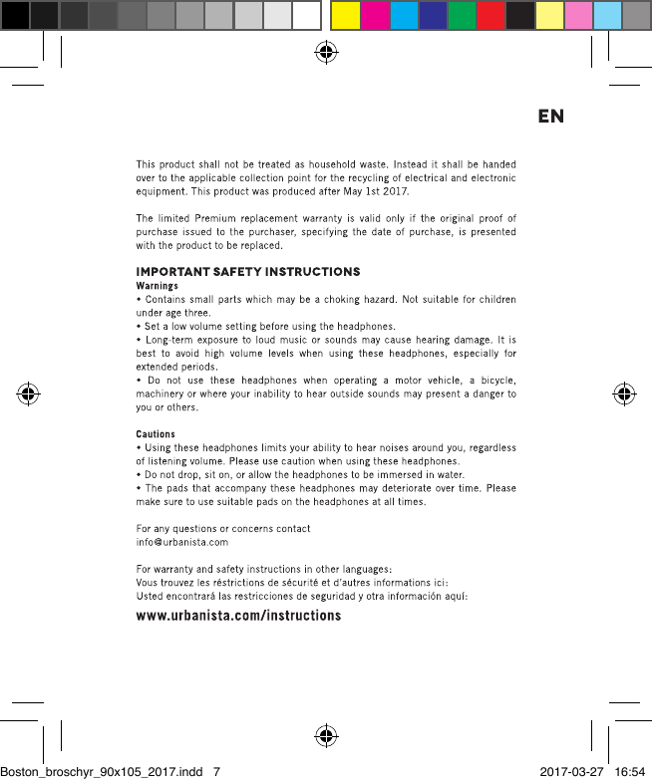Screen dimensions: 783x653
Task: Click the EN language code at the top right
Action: (x=550, y=117)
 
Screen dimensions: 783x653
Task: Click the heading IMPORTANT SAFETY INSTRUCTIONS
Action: (x=248, y=272)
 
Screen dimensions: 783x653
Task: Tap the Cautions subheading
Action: (x=156, y=434)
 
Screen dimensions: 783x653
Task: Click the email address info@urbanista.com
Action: (x=181, y=542)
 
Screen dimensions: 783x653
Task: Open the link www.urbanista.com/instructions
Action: (x=238, y=616)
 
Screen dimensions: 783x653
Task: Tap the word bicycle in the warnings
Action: (x=490, y=381)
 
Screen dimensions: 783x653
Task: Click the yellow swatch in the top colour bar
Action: (x=345, y=16)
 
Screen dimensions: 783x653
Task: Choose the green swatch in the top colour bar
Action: (x=462, y=16)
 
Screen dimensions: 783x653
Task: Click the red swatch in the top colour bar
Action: (x=490, y=16)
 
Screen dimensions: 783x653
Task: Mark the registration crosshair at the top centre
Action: (x=325, y=53)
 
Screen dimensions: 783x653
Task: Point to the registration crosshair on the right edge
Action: (x=624, y=392)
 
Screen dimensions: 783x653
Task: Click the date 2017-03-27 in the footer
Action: (x=572, y=771)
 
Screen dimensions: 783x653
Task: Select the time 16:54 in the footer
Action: (x=631, y=771)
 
